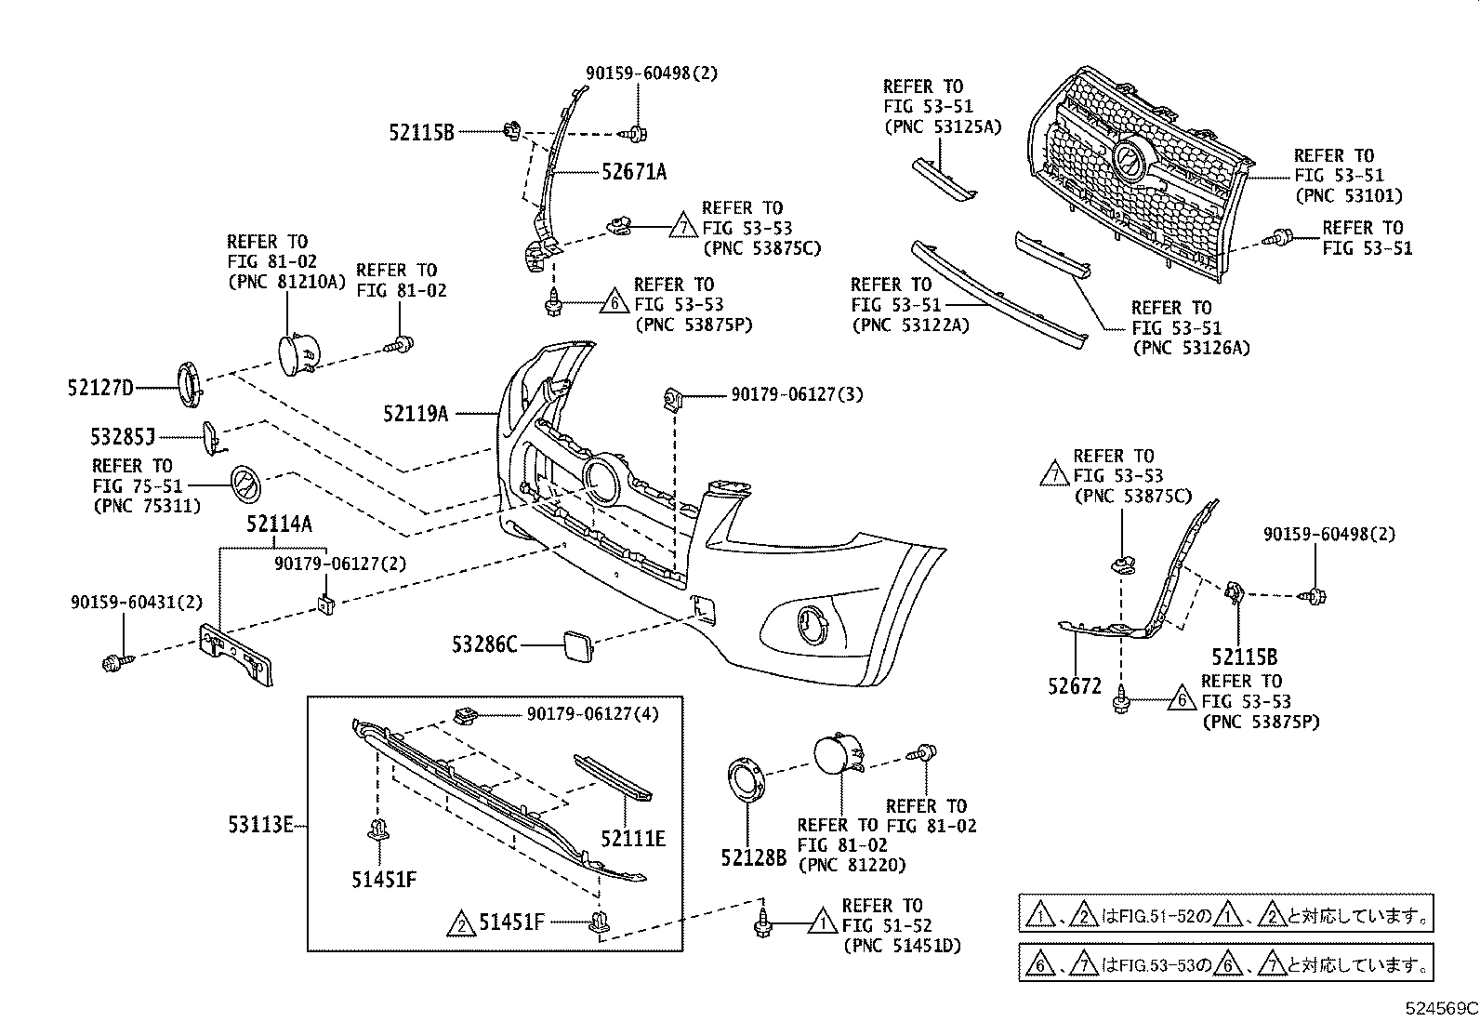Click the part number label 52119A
tap(415, 413)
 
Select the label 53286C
tap(484, 644)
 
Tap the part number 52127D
tap(100, 388)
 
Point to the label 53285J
tap(123, 435)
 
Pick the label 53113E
tap(260, 824)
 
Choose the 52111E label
tap(632, 839)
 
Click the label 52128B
tap(753, 857)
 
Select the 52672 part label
tap(1074, 687)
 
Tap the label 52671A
tap(633, 172)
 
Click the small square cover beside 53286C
tap(575, 643)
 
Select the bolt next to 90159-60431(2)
tap(115, 662)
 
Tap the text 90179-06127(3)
tap(797, 395)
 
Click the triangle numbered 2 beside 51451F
tap(459, 923)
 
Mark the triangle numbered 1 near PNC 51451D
tap(822, 923)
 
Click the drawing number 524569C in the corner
tap(1440, 1008)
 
